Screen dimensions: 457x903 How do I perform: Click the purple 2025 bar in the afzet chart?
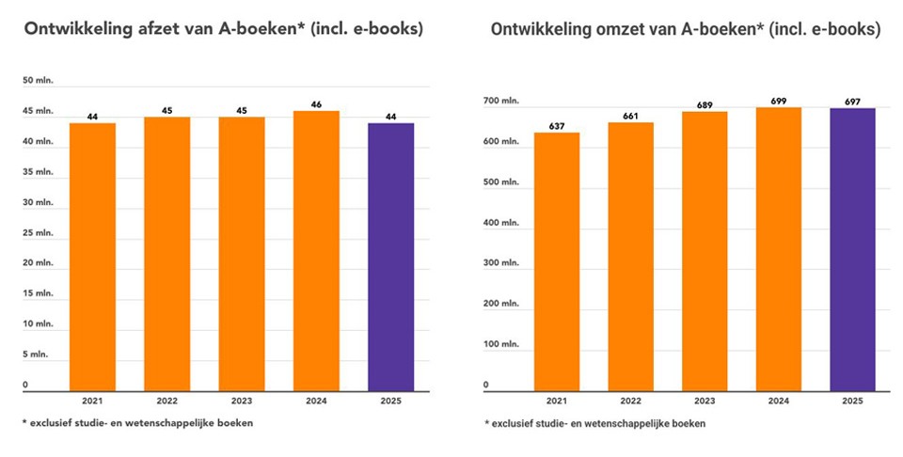390,256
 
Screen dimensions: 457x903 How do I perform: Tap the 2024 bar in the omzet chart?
779,248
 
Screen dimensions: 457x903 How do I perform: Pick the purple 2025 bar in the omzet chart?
852,249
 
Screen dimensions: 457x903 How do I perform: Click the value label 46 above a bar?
316,104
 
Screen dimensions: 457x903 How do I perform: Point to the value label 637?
557,126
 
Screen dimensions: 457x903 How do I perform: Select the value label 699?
779,101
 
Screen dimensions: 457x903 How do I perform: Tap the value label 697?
852,102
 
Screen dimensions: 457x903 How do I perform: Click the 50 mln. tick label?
39,81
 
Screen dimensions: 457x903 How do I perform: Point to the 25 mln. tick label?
39,233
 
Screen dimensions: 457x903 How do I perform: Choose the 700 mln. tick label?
501,101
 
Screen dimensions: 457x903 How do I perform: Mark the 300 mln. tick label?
501,263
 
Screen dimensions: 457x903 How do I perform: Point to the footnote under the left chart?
137,423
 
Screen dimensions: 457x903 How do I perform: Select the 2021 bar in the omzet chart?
557,261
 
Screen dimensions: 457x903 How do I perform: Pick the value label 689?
705,105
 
